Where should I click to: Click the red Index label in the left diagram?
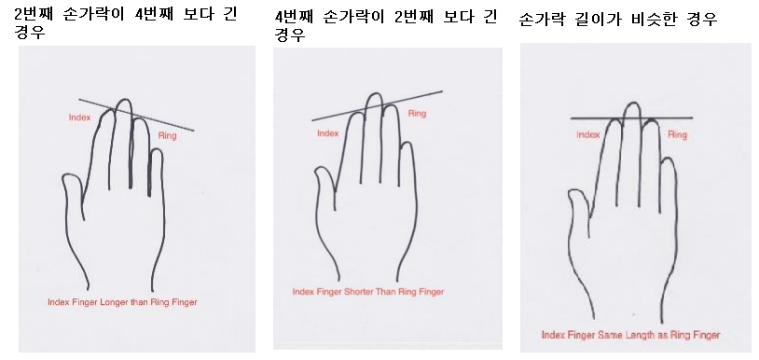tap(79, 118)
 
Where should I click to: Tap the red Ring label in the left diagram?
tap(168, 136)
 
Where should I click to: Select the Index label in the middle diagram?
tap(327, 133)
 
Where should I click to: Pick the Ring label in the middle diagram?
tap(417, 114)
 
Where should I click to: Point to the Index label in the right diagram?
tap(588, 135)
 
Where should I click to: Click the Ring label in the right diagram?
tap(677, 134)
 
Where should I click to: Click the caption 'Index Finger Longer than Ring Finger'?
tap(122, 302)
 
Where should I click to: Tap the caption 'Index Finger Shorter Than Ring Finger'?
tap(368, 292)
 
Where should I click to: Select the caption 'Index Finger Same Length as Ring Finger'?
tap(630, 335)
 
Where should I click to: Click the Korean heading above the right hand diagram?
tap(617, 20)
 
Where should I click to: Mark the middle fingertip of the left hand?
tap(125, 100)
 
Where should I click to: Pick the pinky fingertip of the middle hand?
tap(407, 143)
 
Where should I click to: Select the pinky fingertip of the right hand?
tap(668, 158)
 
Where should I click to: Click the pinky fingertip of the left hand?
tap(157, 149)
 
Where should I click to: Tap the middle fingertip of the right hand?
tap(633, 103)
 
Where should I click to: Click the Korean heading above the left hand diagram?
tap(125, 22)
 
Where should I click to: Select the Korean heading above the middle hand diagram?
tap(386, 25)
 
